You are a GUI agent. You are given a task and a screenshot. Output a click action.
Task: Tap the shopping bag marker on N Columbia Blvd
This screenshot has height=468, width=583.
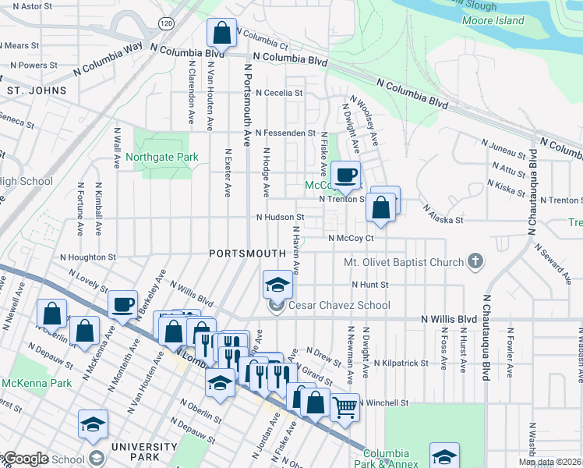tap(221, 34)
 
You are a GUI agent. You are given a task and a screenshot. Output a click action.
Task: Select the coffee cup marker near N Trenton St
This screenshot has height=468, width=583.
tap(345, 175)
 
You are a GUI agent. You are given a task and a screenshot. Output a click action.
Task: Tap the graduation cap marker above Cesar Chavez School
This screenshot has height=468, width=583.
tap(277, 285)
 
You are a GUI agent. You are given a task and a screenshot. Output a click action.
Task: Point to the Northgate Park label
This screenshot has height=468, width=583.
tap(162, 157)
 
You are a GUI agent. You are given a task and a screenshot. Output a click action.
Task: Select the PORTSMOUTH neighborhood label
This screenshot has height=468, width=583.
tap(247, 253)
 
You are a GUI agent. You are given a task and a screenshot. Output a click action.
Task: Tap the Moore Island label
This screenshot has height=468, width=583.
tap(499, 20)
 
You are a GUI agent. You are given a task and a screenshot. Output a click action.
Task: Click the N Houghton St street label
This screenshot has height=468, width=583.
tap(88, 256)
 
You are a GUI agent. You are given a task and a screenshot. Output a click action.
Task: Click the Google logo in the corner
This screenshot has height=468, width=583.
tap(25, 459)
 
